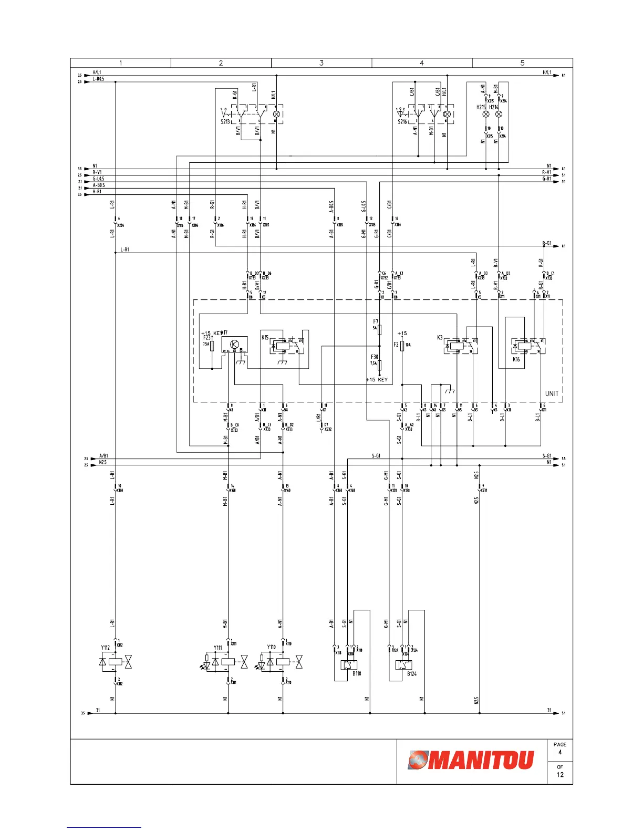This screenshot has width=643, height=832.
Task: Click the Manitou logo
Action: (471, 760)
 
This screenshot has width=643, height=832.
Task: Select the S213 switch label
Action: (225, 122)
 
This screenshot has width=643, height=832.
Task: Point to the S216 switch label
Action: (402, 122)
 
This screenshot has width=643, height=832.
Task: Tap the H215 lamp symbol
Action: (486, 114)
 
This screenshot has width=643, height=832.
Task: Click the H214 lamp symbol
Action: (499, 114)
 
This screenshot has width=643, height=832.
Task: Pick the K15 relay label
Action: (265, 337)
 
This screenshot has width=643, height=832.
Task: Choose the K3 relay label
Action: (440, 338)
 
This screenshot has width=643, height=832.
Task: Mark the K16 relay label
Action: (516, 360)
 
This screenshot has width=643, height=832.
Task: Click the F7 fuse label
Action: (376, 321)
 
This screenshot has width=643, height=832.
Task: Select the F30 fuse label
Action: (375, 357)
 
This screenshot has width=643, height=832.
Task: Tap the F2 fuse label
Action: (396, 345)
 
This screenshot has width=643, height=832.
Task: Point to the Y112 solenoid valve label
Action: (106, 648)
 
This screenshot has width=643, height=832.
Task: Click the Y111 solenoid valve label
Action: (217, 648)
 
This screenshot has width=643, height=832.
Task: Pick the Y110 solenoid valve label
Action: (271, 647)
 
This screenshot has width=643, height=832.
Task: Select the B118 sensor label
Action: (357, 673)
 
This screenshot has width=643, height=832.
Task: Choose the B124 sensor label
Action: (412, 674)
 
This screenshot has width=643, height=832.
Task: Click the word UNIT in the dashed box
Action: (552, 393)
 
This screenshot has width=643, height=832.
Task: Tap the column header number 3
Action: (321, 63)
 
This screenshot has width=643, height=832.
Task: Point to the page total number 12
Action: (560, 775)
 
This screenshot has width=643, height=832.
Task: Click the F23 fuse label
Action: (206, 338)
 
